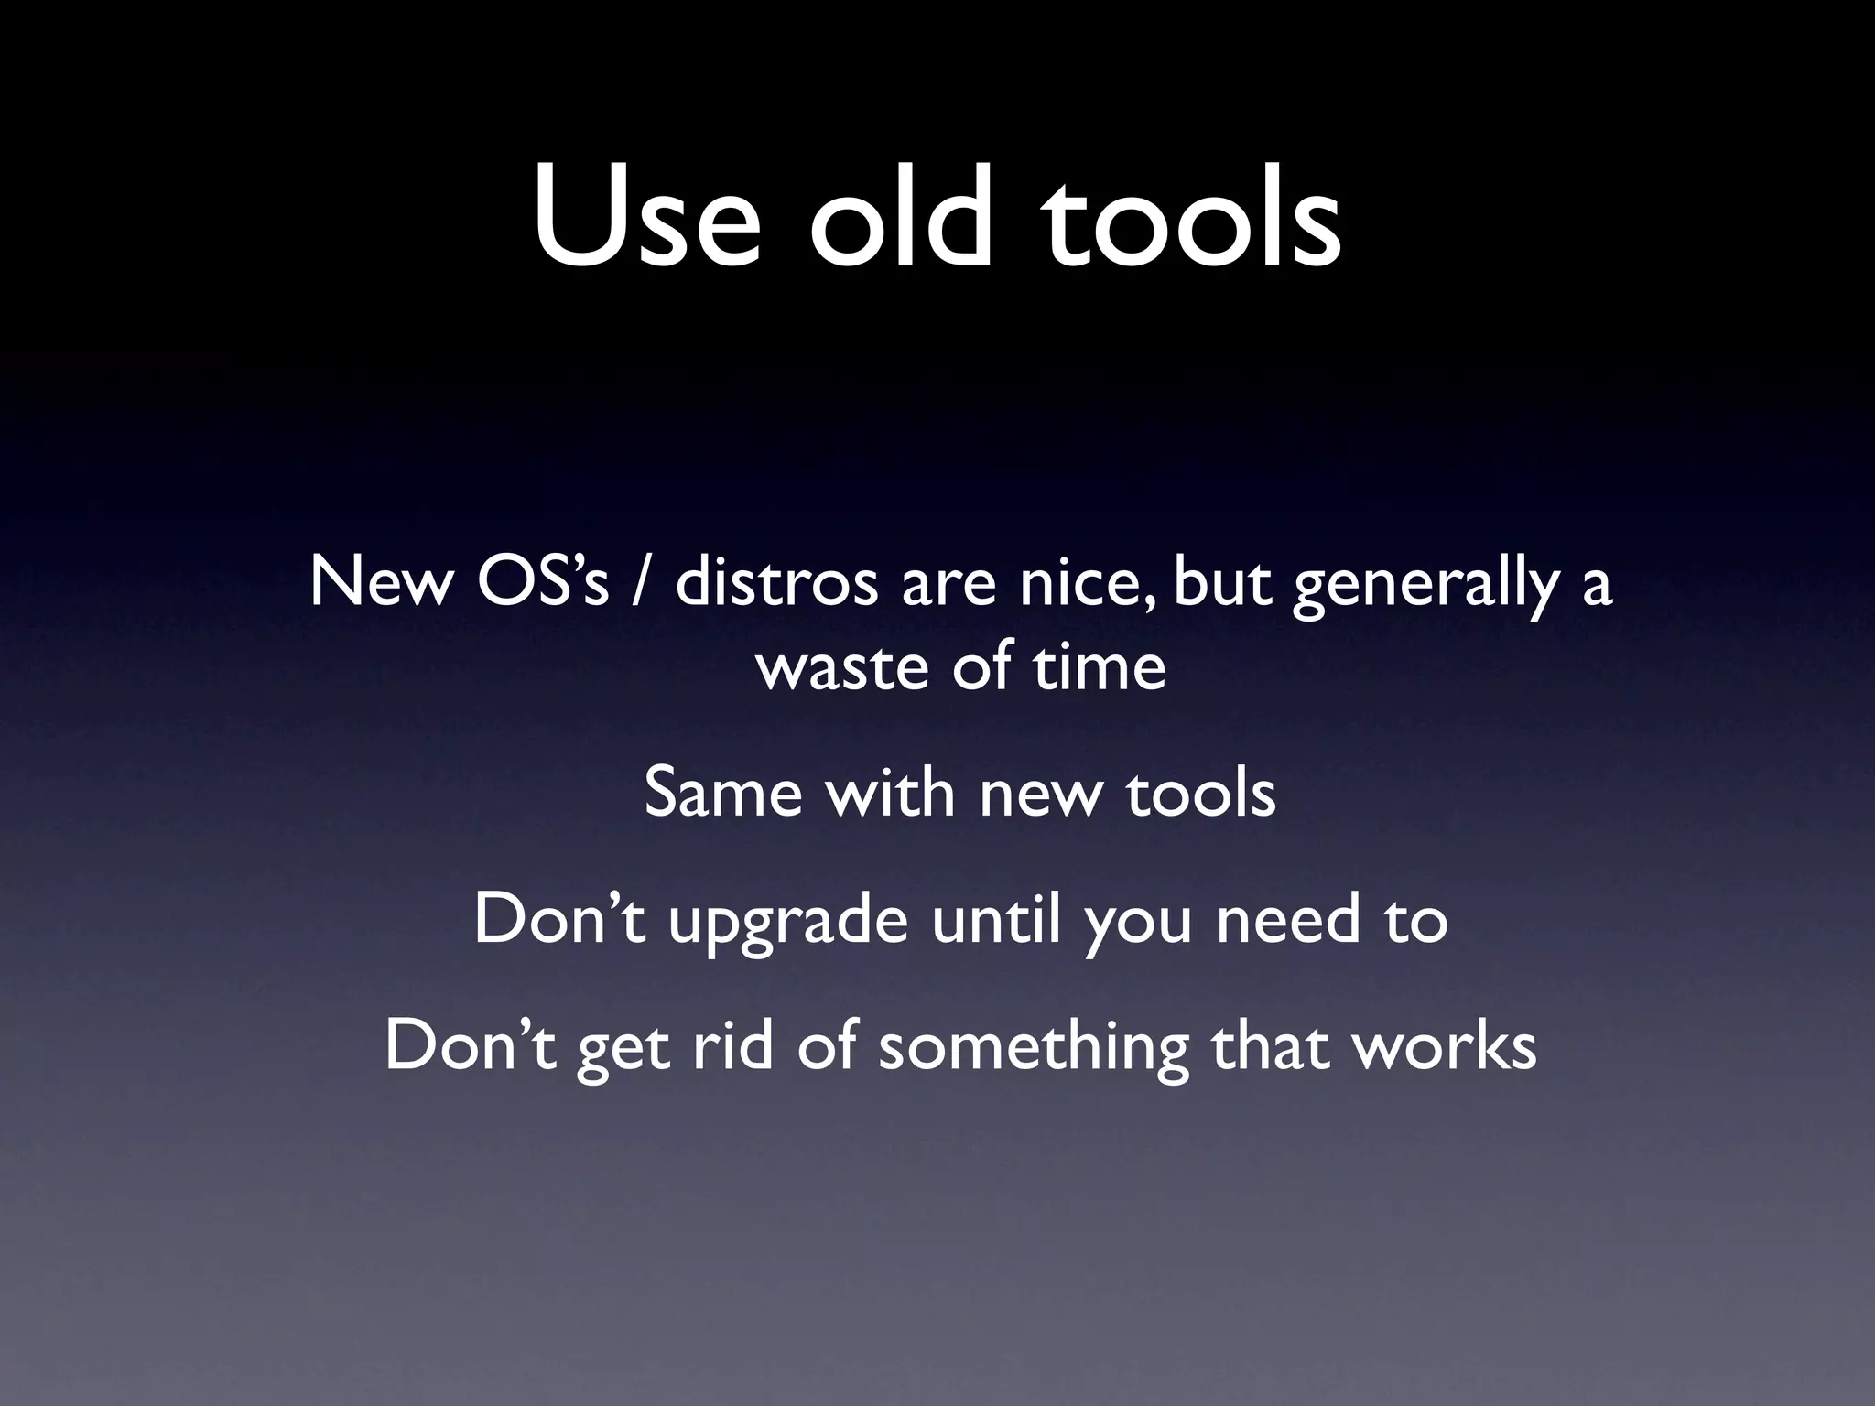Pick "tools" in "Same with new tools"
coord(1200,793)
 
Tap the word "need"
coord(1287,919)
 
